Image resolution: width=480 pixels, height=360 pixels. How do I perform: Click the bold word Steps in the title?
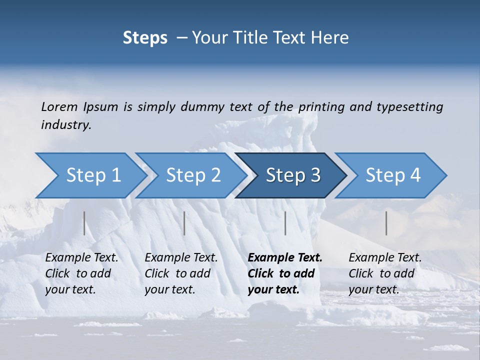pyautogui.click(x=145, y=38)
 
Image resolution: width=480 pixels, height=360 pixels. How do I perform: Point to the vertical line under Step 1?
pyautogui.click(x=84, y=223)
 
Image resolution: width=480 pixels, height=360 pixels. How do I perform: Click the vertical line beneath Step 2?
pyautogui.click(x=184, y=223)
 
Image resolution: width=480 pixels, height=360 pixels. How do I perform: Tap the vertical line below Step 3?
pyautogui.click(x=285, y=223)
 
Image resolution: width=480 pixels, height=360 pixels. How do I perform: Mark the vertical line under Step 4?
pyautogui.click(x=386, y=223)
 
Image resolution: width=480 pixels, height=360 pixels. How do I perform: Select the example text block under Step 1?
pyautogui.click(x=81, y=273)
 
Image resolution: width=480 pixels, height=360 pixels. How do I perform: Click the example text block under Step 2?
pyautogui.click(x=181, y=273)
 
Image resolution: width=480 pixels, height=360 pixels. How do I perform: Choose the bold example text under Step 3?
pyautogui.click(x=285, y=273)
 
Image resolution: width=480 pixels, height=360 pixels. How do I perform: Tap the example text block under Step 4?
pyautogui.click(x=385, y=273)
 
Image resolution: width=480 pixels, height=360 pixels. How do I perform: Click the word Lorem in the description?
pyautogui.click(x=59, y=106)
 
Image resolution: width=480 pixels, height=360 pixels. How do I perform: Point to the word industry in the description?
pyautogui.click(x=65, y=124)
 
